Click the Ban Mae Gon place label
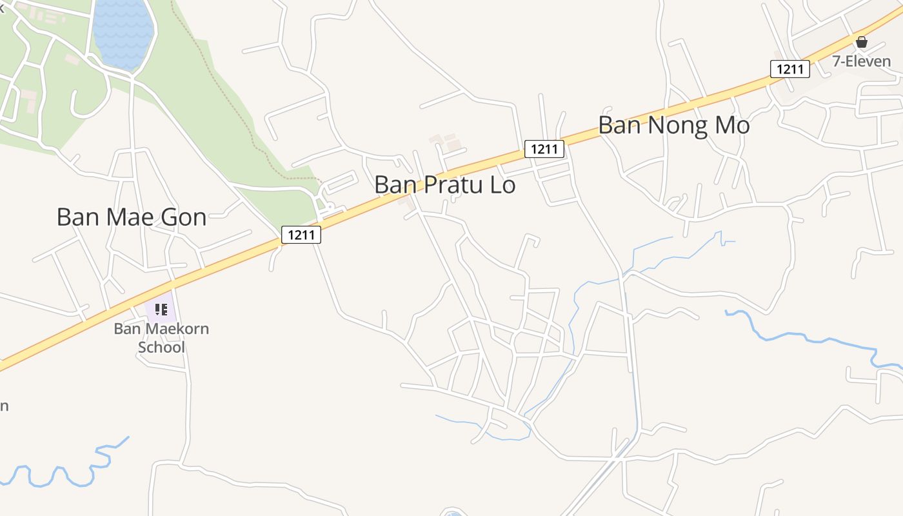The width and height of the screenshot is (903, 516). (x=132, y=217)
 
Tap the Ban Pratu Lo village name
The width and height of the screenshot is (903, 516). (x=444, y=185)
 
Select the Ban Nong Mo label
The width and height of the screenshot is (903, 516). (x=673, y=125)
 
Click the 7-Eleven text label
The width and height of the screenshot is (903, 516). (x=861, y=61)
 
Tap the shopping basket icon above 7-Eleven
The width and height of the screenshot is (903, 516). (x=862, y=43)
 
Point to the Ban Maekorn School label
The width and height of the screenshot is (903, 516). (x=161, y=337)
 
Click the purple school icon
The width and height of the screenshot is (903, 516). (x=161, y=310)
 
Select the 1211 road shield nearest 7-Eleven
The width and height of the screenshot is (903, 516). (x=789, y=69)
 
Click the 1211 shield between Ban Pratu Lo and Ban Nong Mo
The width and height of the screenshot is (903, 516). (x=544, y=149)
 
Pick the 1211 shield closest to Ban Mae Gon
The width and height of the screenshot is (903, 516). (x=301, y=235)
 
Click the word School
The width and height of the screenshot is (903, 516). (x=161, y=348)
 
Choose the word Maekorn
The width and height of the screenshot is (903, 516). (x=174, y=328)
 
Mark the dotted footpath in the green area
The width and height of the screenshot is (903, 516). (x=226, y=97)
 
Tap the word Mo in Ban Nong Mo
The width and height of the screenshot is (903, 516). (x=732, y=125)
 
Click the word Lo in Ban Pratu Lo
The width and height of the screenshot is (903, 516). (x=502, y=185)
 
